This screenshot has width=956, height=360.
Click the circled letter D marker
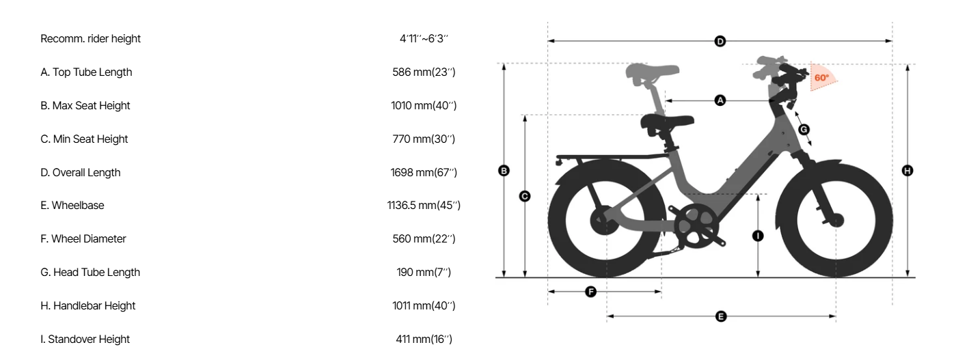coord(720,42)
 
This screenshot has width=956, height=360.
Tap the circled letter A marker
coord(720,100)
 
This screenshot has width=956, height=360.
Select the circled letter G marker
coord(804,129)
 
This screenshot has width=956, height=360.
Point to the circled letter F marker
coord(590,292)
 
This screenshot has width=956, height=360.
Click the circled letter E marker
coord(721,316)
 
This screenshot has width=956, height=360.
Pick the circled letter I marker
coord(758,236)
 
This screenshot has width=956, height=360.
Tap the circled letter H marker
coord(907,171)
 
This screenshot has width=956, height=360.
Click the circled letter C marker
coord(525,196)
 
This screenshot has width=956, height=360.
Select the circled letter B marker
coord(504,171)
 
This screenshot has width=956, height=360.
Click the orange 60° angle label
coord(821,78)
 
